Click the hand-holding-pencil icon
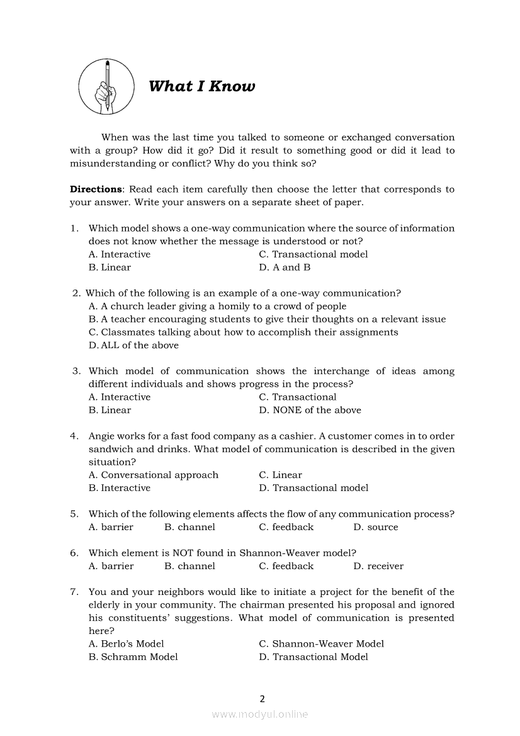click(106, 86)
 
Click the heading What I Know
click(201, 86)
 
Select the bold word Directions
click(96, 190)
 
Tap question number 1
click(74, 229)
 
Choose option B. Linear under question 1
click(110, 268)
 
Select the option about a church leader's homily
click(217, 307)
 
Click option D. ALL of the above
click(133, 345)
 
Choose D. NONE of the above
click(310, 410)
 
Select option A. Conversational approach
click(154, 475)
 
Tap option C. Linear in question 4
click(280, 475)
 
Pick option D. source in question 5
click(376, 527)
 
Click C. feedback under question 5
click(286, 527)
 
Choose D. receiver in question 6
click(378, 566)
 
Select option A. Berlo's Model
click(126, 644)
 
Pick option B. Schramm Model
click(133, 657)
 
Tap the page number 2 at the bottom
click(262, 698)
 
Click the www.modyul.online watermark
click(260, 715)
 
